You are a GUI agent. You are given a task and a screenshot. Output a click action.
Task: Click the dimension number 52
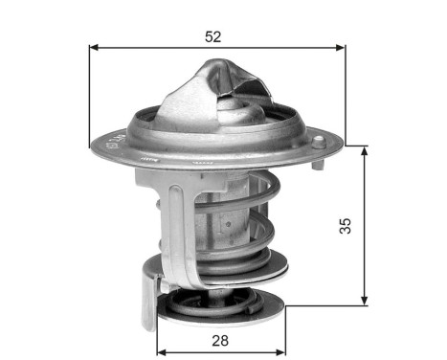coord(212,37)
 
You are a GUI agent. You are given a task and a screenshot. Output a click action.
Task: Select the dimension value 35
coord(346,225)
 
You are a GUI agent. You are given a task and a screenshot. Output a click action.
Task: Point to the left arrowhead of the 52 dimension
coord(94,47)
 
